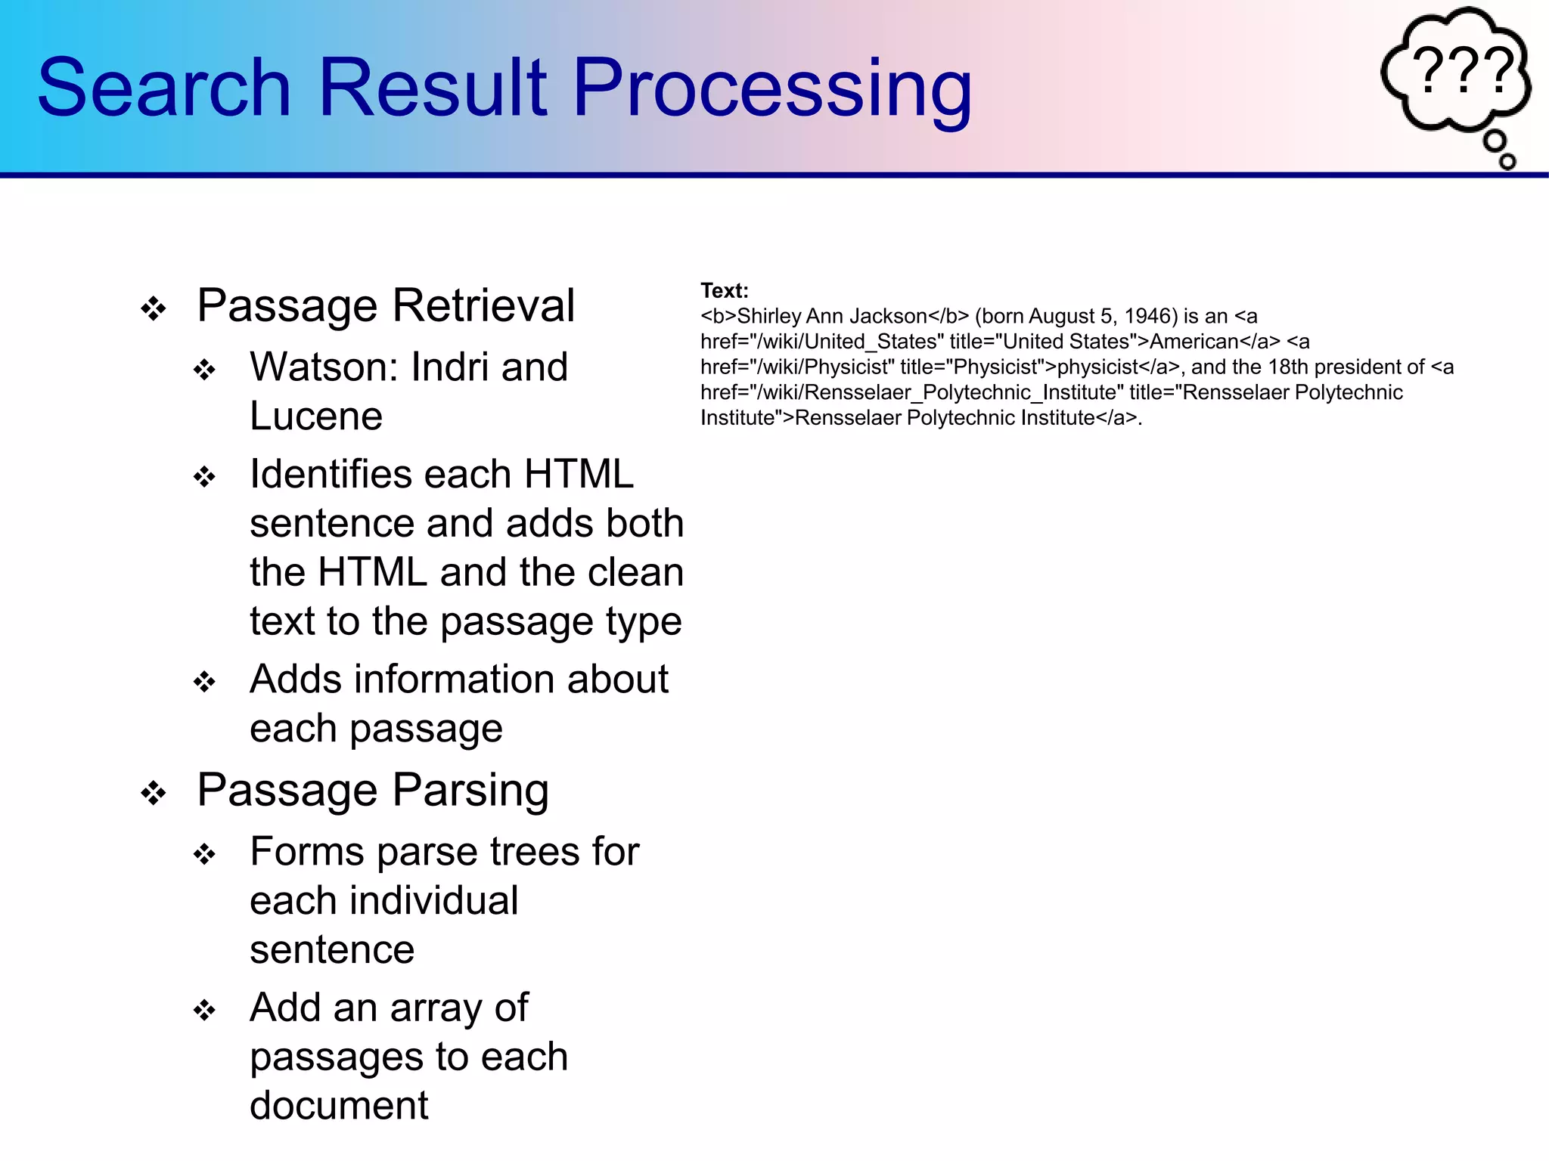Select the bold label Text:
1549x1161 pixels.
[x=724, y=291]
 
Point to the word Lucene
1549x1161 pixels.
[x=316, y=416]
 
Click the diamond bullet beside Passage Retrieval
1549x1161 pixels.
[x=154, y=308]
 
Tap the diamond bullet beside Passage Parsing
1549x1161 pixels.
[x=154, y=793]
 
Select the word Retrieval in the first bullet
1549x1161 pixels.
[x=483, y=306]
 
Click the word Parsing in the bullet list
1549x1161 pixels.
[x=470, y=791]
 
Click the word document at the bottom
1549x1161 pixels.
[x=339, y=1106]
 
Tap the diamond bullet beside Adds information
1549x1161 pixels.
[x=204, y=682]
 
